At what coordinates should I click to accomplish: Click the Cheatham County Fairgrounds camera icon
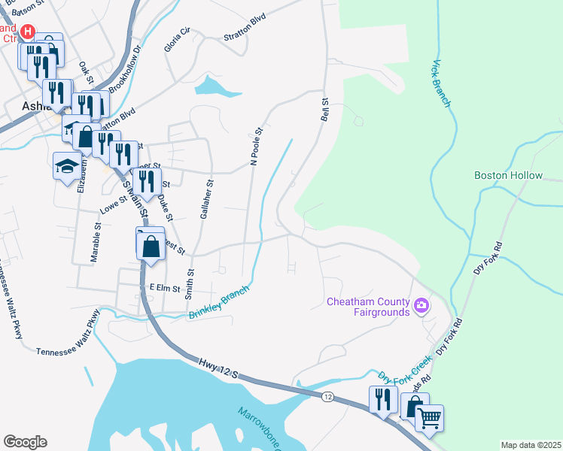[420, 306]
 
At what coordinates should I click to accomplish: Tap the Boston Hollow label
[508, 175]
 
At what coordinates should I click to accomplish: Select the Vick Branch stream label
[442, 83]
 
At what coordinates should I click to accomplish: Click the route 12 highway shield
[327, 395]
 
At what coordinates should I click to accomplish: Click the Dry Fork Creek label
[404, 369]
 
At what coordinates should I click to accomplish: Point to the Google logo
[25, 442]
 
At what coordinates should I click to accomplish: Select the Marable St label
[96, 241]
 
